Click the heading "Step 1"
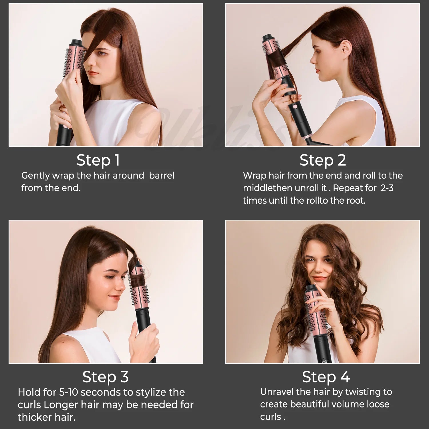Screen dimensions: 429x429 pyautogui.click(x=98, y=160)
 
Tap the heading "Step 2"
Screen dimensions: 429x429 pyautogui.click(x=323, y=160)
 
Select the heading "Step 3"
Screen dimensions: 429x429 pyautogui.click(x=105, y=377)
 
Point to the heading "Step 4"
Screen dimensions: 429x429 pyautogui.click(x=326, y=377)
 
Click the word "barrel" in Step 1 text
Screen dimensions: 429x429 pyautogui.click(x=162, y=175)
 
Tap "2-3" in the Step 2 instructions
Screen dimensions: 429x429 pyautogui.click(x=387, y=188)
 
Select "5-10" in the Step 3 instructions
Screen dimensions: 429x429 pyautogui.click(x=69, y=392)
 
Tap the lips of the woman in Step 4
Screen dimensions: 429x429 pyautogui.click(x=319, y=278)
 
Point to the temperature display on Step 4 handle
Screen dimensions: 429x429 pyautogui.click(x=324, y=362)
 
